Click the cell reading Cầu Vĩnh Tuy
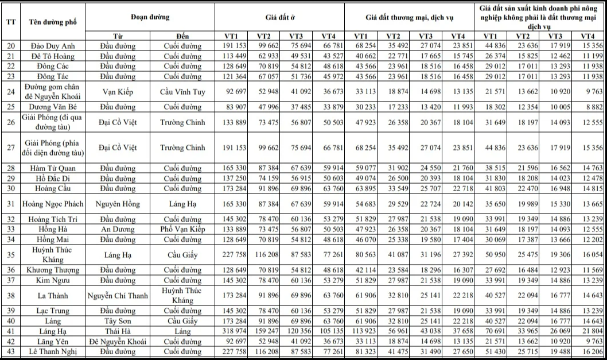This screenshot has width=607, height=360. pyautogui.click(x=183, y=91)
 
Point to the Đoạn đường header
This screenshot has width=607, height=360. pyautogui.click(x=150, y=17)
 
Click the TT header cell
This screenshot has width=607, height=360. pyautogui.click(x=11, y=22)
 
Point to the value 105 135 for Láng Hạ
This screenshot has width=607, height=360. pyautogui.click(x=333, y=331)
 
